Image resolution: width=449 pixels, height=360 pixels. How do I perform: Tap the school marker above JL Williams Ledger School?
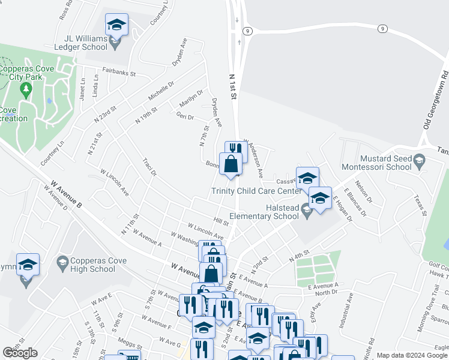(x=116, y=25)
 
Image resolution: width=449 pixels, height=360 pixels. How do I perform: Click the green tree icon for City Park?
(x=25, y=90)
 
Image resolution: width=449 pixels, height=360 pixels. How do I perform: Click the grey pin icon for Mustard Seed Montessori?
(x=420, y=160)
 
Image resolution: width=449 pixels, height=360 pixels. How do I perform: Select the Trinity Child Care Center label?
(x=256, y=191)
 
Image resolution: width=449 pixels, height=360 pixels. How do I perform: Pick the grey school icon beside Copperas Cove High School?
(x=62, y=262)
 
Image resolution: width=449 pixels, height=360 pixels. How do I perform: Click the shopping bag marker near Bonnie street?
(x=231, y=163)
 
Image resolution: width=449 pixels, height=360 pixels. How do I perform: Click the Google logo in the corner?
(x=20, y=353)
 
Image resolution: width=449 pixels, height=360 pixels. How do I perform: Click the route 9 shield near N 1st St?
(x=247, y=31)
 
